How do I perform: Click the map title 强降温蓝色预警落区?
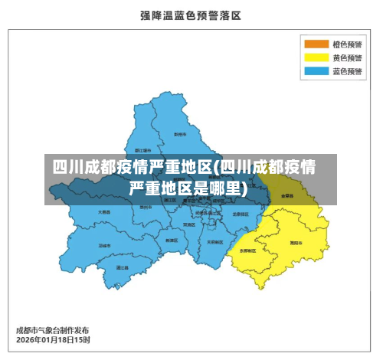coord(191,15)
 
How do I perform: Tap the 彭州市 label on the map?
coord(181,134)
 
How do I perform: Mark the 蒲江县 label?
coord(122,267)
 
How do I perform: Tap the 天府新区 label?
coord(215,241)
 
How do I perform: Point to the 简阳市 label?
coord(295,242)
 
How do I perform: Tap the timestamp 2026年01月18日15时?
coord(53,339)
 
